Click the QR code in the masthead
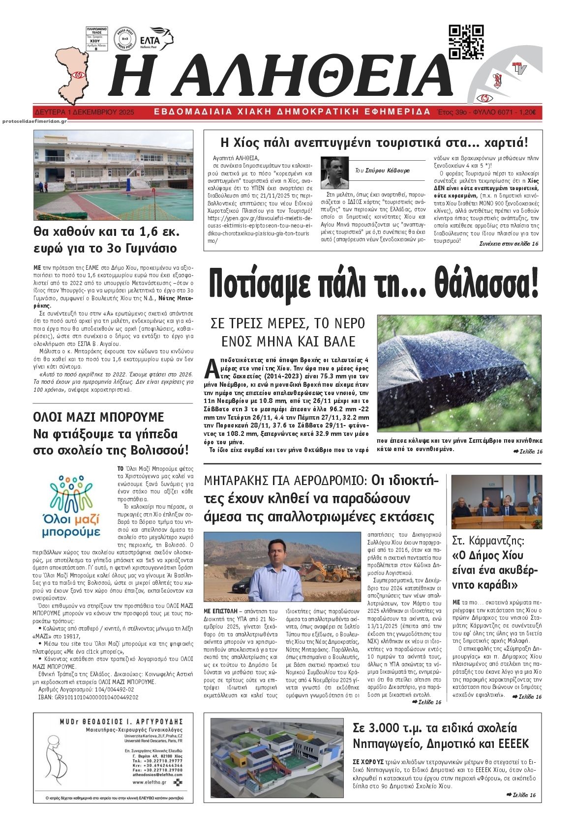tap(466, 42)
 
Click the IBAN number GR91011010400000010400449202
tap(85, 697)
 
